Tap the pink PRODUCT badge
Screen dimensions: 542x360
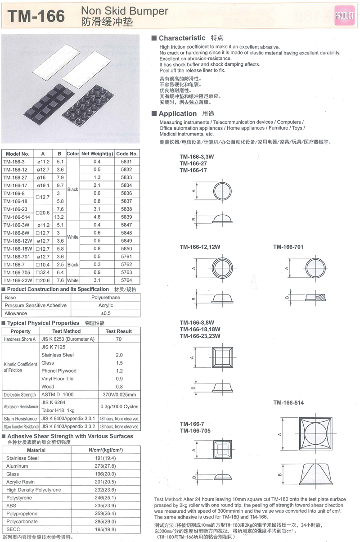(344, 15)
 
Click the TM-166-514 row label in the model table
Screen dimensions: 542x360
(17, 217)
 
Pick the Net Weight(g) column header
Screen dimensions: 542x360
(97, 154)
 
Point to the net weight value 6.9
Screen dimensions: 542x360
(97, 272)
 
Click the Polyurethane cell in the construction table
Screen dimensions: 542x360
(105, 298)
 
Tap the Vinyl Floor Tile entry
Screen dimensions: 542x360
(57, 379)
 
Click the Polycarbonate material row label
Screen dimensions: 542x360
(22, 521)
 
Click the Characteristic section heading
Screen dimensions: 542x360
(182, 38)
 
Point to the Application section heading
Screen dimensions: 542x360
(178, 113)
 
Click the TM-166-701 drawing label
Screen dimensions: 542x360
(288, 246)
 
